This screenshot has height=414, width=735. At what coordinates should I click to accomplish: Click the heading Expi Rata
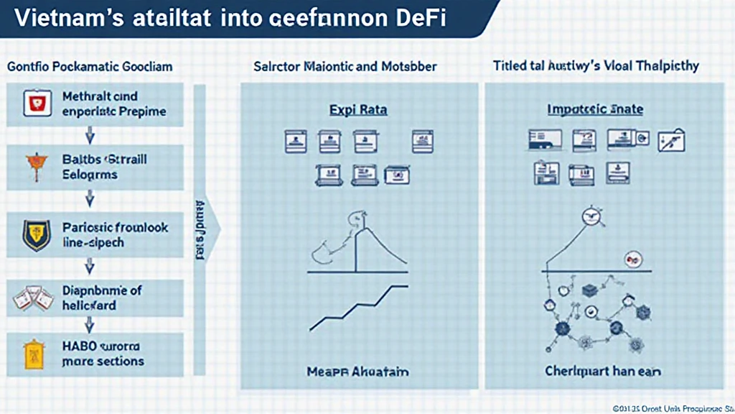(358, 110)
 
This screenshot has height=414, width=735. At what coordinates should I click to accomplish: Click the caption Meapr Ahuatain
(357, 372)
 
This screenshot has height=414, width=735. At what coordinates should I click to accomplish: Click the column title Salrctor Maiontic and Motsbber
(345, 66)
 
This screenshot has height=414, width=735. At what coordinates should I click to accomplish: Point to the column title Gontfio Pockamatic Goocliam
(90, 66)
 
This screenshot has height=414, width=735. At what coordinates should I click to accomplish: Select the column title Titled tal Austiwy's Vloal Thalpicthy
(596, 66)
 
